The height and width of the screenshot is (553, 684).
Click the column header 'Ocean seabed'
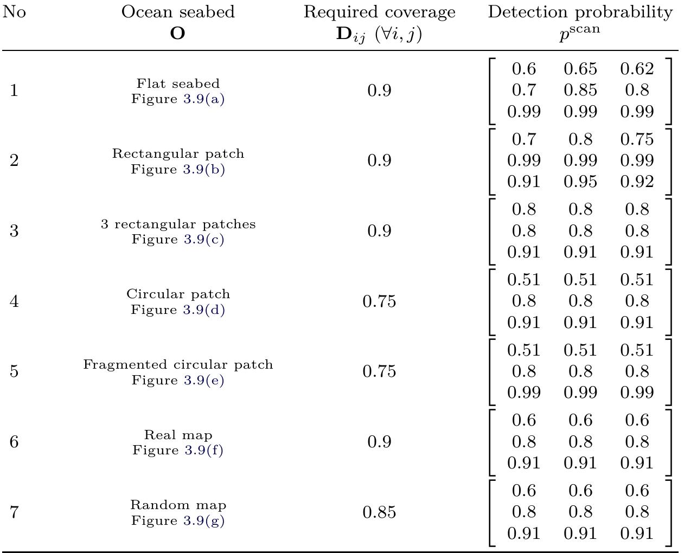178,12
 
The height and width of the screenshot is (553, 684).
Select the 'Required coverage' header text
379,12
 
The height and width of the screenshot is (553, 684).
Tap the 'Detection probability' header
580,12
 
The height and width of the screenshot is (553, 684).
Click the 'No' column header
14,12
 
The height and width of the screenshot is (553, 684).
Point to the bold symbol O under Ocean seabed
177,34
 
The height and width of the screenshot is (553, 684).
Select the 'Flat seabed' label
178,83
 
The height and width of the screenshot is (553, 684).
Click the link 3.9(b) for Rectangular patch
203,169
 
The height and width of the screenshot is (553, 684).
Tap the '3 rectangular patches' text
178,224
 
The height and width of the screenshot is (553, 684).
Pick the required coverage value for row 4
379,301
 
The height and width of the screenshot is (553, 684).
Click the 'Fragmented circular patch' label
178,364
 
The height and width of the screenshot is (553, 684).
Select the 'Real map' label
178,435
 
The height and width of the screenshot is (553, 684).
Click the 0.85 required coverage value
379,512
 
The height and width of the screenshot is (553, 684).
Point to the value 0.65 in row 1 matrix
580,69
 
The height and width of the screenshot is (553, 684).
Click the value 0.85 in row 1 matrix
580,90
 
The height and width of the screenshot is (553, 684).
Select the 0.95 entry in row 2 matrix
580,182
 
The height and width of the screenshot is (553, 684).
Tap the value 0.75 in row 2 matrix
636,139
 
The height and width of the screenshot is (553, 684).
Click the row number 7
14,512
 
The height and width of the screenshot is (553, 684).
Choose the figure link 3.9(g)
203,520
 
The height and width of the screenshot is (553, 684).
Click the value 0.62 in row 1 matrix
636,69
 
